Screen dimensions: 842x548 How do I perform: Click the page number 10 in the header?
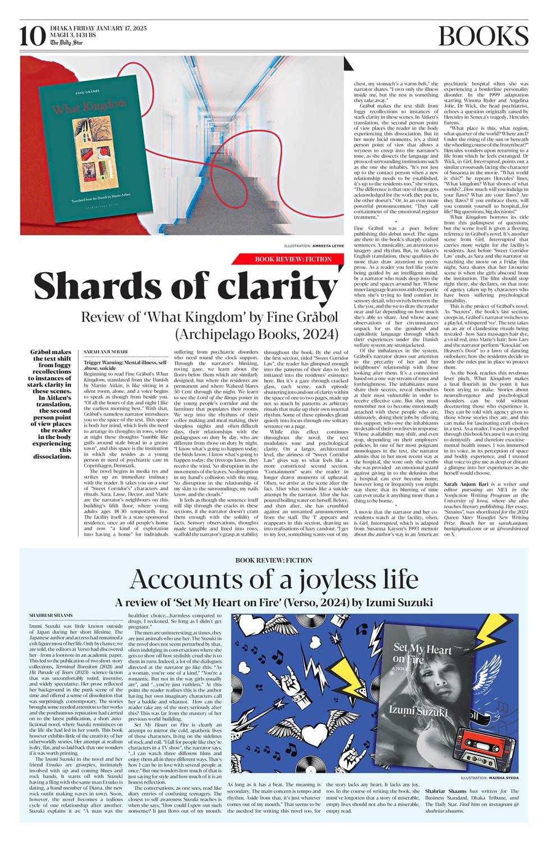click(32, 37)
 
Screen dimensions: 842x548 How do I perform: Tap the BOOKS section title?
click(483, 36)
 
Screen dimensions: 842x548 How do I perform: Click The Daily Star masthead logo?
click(63, 43)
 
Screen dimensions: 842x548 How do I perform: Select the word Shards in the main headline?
click(102, 286)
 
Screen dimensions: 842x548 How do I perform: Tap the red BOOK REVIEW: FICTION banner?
click(293, 259)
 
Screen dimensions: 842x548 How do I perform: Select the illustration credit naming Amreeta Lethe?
click(314, 246)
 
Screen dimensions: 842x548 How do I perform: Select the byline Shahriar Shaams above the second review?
click(47, 615)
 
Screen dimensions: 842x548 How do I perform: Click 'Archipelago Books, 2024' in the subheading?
click(257, 334)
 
